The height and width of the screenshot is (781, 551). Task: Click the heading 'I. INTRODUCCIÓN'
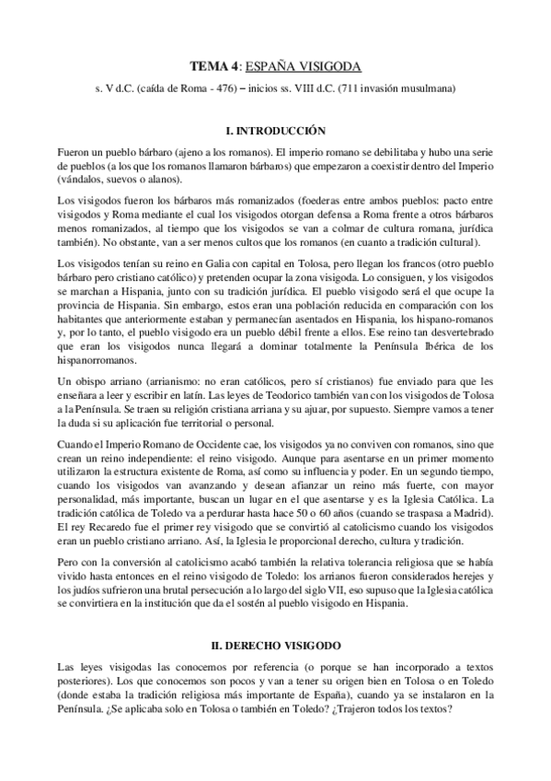coord(275,132)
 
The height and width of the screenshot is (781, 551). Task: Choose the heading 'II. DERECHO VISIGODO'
coord(275,647)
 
